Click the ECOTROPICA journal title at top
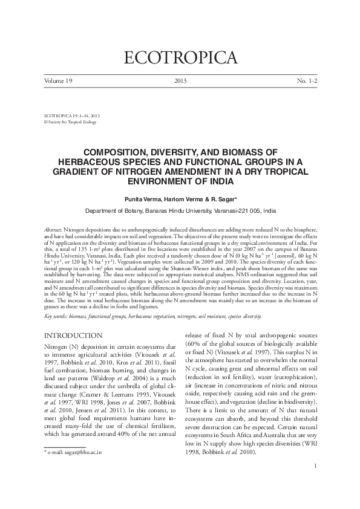180,58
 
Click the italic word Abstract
54,232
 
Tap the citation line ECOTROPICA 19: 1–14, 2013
72,114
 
